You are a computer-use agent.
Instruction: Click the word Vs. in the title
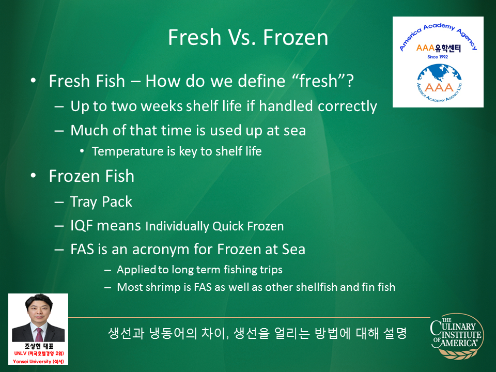coord(242,37)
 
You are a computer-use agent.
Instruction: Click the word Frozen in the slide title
coord(296,37)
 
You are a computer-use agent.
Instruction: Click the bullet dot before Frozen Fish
coord(33,176)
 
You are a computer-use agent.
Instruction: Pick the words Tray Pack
coord(101,202)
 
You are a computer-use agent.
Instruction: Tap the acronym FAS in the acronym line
coord(82,249)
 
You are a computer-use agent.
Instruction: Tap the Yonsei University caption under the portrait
coord(38,362)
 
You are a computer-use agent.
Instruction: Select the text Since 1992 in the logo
coord(438,57)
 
